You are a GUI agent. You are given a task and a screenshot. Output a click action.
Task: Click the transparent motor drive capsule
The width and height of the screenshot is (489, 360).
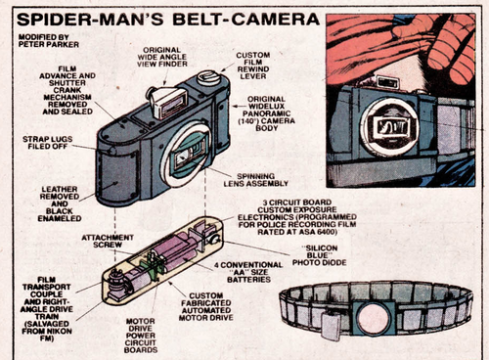click(161, 257)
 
